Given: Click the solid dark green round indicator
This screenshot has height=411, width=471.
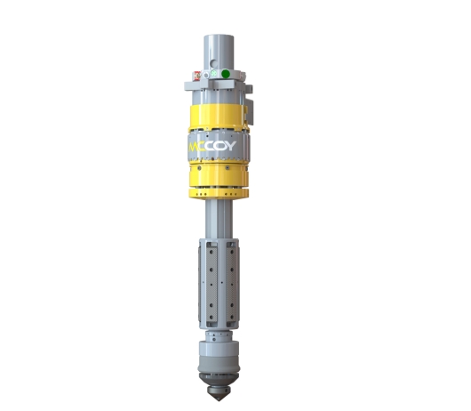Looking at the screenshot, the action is pos(226,74).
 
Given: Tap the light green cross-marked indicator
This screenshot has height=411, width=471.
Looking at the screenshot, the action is pos(213,73).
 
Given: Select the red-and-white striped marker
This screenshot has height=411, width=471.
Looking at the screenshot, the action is pos(197,76).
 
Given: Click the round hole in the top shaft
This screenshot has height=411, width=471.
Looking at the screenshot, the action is pos(214,63).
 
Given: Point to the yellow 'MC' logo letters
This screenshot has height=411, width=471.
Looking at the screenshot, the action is pos(195,147).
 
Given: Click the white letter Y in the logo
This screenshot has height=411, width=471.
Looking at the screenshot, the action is pos(230,146).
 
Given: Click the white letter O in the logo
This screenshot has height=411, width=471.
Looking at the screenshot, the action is pos(219,146).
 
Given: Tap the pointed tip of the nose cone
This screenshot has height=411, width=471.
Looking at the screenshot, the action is pos(219,400).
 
